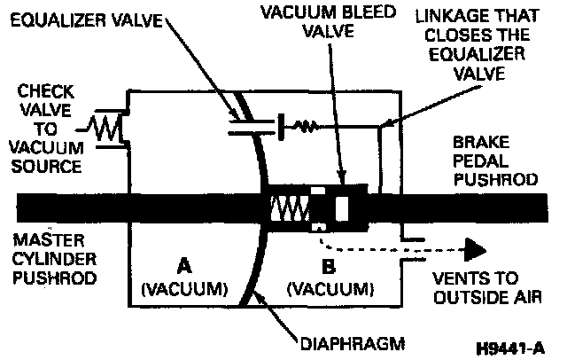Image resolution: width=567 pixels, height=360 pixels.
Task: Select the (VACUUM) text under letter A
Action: pos(183,288)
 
